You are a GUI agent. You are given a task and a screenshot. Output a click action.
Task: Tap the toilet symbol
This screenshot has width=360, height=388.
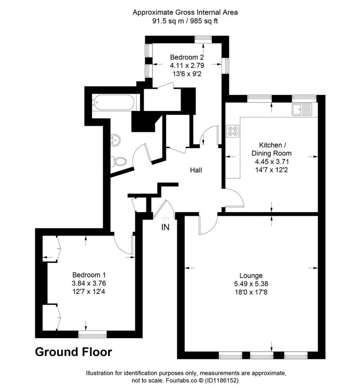point(119,162)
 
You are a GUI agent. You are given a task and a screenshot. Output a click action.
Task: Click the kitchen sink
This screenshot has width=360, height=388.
point(302,109)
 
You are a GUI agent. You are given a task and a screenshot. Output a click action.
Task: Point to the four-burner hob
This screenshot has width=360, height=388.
point(232,131)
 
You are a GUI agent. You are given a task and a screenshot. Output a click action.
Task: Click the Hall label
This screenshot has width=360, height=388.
point(196,170)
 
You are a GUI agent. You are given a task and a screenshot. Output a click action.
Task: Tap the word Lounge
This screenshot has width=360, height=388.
point(251,276)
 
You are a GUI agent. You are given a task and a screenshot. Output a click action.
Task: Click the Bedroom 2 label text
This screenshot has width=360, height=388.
point(187,57)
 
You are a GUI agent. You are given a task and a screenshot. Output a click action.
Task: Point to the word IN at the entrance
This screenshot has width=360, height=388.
point(165,227)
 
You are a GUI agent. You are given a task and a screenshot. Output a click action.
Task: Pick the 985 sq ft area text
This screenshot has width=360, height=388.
point(204,21)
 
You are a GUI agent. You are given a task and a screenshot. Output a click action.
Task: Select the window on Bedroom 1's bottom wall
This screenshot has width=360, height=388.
point(92,335)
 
